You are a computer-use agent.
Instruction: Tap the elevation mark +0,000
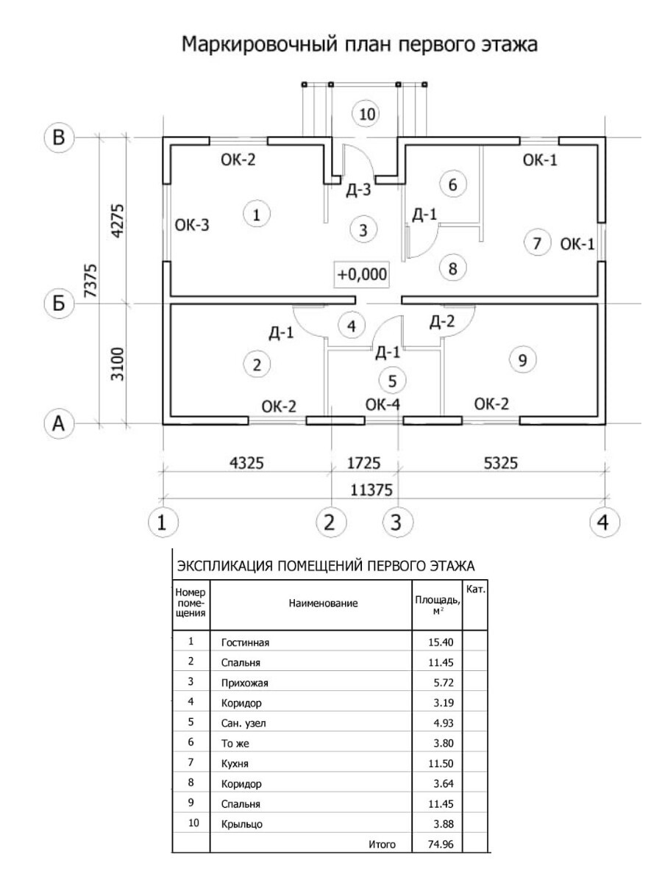362,274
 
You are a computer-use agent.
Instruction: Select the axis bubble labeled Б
59,304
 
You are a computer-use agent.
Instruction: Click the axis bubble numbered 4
604,523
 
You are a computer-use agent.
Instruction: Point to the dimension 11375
371,490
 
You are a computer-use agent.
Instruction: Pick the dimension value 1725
363,463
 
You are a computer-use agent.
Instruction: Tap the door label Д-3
358,190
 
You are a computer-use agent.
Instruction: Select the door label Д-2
442,321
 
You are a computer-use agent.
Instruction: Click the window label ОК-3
192,225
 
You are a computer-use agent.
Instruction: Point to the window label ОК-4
382,405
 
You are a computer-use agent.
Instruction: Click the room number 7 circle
537,243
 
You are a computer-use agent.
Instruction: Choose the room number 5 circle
392,381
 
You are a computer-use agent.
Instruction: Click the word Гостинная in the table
245,642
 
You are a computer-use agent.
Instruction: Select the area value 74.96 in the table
441,844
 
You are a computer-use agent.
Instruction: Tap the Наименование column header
323,603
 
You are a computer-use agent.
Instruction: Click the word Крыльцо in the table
241,824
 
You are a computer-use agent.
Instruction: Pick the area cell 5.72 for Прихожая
444,683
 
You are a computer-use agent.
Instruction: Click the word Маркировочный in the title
260,44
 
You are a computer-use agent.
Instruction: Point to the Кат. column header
476,589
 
